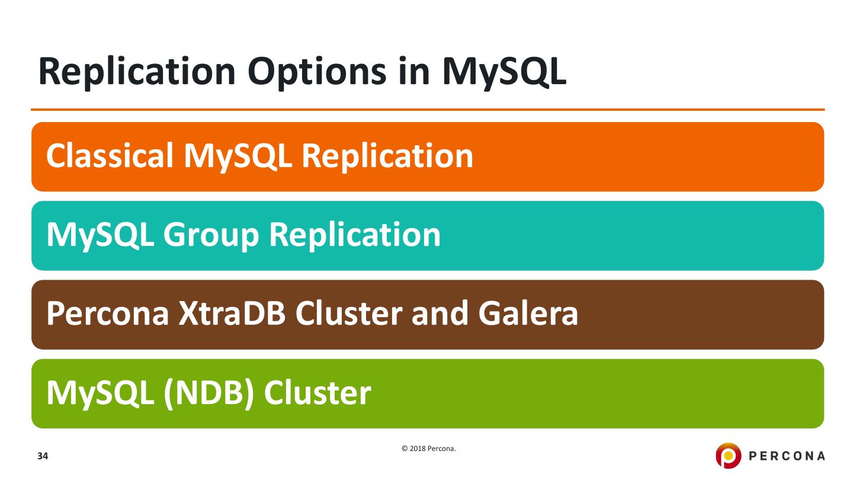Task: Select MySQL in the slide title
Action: pyautogui.click(x=503, y=72)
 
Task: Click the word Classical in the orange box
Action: pyautogui.click(x=110, y=156)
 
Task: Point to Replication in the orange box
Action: pyautogui.click(x=387, y=156)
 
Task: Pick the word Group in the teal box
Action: pyautogui.click(x=213, y=235)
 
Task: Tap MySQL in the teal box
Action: pyautogui.click(x=100, y=235)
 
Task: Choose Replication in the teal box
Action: pyautogui.click(x=355, y=235)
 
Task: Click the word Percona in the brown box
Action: pyautogui.click(x=105, y=314)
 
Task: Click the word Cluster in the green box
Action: pyautogui.click(x=318, y=393)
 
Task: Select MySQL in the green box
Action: pyautogui.click(x=100, y=393)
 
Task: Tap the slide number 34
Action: pyautogui.click(x=43, y=456)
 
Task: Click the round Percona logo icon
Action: pyautogui.click(x=728, y=455)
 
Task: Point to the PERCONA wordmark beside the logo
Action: pyautogui.click(x=787, y=456)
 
